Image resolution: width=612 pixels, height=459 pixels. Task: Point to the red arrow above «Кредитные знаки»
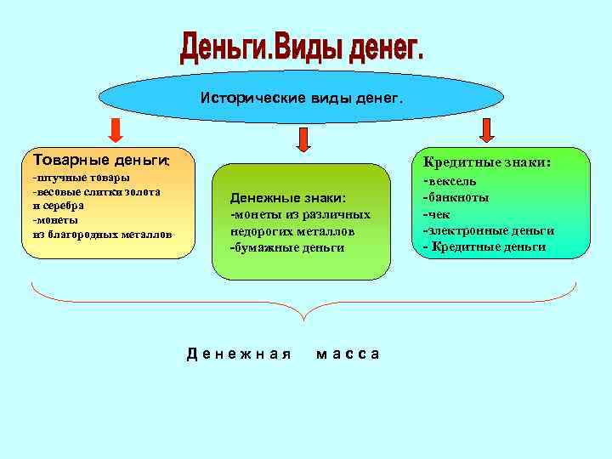[x=487, y=129]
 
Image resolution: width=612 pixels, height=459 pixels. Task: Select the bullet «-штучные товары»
[x=81, y=178]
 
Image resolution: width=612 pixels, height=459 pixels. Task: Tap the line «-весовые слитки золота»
[x=96, y=192]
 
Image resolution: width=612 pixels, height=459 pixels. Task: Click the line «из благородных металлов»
[x=102, y=234]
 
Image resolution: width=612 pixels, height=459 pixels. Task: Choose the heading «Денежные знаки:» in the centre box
[x=287, y=198]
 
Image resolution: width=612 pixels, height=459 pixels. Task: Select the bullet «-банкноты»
[x=456, y=197]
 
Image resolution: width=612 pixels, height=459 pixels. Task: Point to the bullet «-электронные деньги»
[x=488, y=230]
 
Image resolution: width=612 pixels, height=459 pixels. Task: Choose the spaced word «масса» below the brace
[x=348, y=354]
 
